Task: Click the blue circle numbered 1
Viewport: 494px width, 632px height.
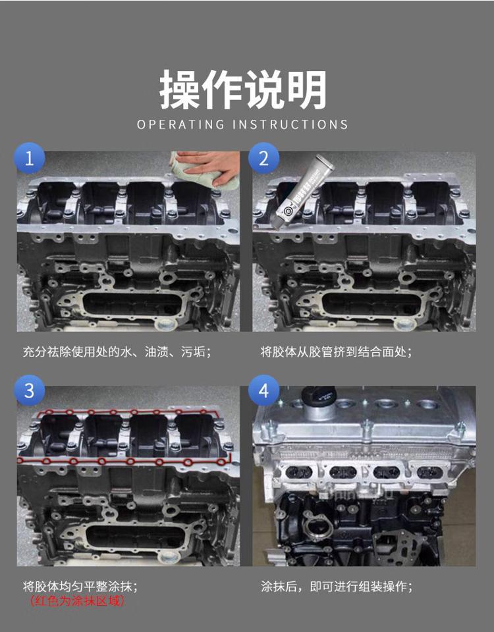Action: point(29,158)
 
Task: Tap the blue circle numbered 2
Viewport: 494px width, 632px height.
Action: point(263,158)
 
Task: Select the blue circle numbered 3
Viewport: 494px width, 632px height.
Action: point(29,390)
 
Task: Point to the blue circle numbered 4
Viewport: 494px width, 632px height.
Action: point(263,390)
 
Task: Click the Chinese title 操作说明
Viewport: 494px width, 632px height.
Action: point(243,90)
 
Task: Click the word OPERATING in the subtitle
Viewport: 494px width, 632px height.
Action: point(180,124)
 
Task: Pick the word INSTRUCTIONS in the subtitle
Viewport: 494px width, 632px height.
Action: point(290,124)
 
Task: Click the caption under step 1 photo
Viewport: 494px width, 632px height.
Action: point(117,352)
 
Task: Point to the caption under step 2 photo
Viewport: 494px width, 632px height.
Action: point(337,352)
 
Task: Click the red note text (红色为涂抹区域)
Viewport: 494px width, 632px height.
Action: point(77,601)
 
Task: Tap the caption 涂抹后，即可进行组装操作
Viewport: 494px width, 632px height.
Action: point(337,587)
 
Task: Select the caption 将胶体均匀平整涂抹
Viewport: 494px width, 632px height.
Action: point(80,587)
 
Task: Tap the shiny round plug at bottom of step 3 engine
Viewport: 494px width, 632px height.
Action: point(168,557)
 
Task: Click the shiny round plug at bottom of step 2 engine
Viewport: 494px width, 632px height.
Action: point(403,324)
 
